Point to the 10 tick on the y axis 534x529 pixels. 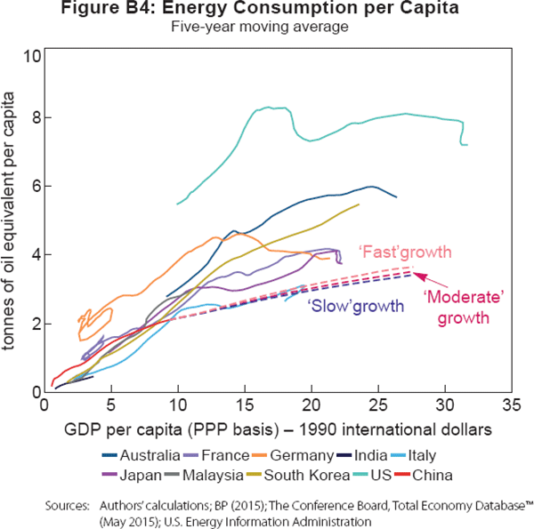(x=34, y=56)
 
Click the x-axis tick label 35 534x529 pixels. (x=510, y=406)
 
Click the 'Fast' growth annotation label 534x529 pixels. (x=404, y=251)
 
